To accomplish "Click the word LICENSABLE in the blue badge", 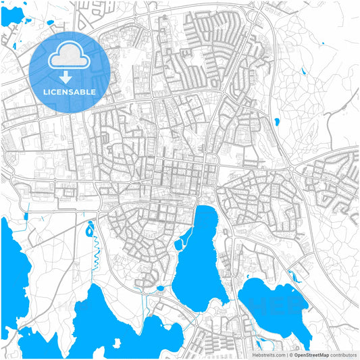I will tap(69, 92).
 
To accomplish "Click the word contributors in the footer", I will tap(344, 354).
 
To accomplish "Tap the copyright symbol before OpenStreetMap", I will tap(290, 354).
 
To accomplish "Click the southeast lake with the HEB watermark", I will tap(270, 304).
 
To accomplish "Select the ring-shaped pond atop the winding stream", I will tap(90, 231).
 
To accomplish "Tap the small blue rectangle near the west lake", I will tap(26, 217).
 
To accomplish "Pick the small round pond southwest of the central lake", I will tap(161, 288).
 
